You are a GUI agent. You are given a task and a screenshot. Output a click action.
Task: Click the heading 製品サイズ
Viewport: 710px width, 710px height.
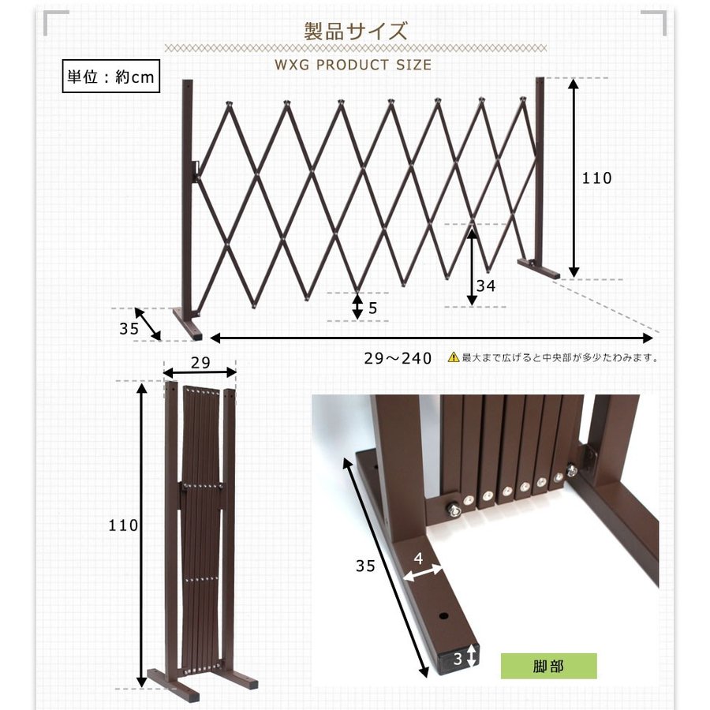356,32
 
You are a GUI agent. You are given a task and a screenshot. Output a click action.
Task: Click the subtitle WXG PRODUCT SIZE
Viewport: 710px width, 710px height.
353,65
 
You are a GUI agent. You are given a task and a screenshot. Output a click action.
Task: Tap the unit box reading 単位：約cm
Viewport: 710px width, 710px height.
110,77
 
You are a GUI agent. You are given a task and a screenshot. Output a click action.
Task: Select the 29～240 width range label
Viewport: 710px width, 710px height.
398,358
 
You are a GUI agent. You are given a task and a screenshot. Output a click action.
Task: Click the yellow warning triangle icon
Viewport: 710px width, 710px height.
453,357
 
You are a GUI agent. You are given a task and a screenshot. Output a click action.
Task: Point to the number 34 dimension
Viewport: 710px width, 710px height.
486,286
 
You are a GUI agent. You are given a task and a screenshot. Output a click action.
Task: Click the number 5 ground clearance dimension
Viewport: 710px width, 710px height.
373,308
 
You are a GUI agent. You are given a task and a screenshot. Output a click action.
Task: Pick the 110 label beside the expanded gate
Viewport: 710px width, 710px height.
596,178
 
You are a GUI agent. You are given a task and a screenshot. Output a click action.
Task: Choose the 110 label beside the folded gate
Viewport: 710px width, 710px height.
123,525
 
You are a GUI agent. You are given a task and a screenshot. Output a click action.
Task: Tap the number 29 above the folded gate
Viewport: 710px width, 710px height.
200,362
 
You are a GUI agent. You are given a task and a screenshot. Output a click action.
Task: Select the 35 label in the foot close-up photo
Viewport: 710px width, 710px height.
365,566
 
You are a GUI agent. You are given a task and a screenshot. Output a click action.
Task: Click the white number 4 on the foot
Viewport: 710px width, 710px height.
418,557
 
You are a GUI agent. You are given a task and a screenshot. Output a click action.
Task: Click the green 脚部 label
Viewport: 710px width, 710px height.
548,666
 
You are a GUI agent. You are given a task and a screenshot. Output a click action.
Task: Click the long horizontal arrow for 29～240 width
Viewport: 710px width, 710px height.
432,338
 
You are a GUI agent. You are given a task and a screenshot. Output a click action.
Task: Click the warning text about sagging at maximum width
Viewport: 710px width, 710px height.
560,357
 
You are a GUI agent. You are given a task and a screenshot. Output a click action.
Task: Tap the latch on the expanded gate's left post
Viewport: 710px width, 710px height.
196,169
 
